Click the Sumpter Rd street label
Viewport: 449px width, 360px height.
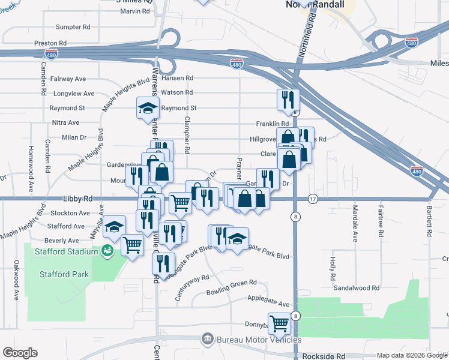[x=73, y=27]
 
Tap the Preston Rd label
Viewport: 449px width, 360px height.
[x=50, y=43]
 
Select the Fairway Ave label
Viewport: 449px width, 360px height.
[x=69, y=79]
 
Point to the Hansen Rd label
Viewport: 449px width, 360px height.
[x=181, y=78]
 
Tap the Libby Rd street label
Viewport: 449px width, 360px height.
[x=77, y=198]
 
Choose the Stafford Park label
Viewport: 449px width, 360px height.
[x=64, y=275]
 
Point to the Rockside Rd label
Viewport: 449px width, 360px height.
[x=324, y=356]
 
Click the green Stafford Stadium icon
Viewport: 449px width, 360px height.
[x=107, y=250]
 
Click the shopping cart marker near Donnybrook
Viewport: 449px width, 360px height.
[x=279, y=323]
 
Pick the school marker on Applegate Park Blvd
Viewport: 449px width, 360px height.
[x=238, y=238]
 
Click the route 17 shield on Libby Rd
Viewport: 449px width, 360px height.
[x=312, y=199]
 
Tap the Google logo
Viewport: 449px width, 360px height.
[x=20, y=353]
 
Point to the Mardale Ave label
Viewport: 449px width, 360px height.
[x=355, y=223]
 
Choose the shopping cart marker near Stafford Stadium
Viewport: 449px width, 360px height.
[x=132, y=244]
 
